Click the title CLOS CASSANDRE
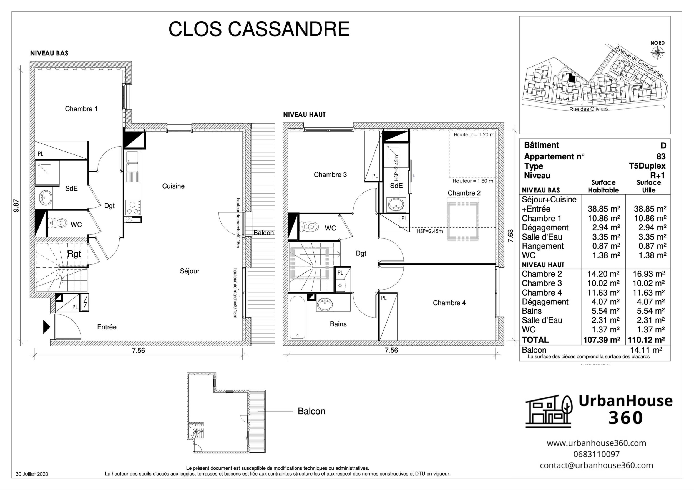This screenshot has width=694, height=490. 259,29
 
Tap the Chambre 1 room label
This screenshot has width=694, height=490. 81,109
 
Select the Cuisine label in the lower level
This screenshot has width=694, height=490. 173,186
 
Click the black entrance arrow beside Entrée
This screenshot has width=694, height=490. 46,327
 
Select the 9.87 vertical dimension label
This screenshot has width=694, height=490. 16,205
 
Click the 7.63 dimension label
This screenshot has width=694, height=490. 511,236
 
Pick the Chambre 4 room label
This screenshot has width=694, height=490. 449,303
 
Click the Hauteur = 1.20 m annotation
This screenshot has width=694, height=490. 474,135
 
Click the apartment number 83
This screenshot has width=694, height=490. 661,156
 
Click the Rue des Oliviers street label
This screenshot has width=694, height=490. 588,109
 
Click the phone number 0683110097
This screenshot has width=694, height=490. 596,454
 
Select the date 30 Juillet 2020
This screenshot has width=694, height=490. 32,474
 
